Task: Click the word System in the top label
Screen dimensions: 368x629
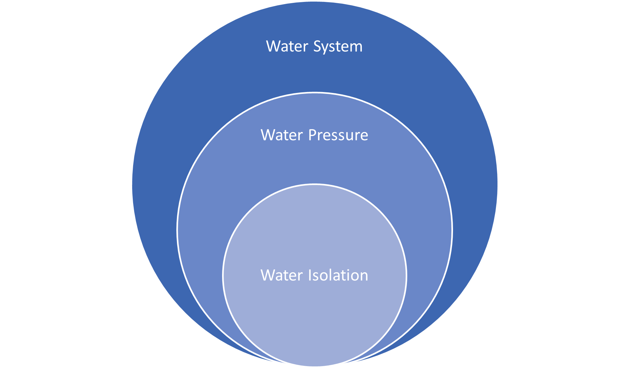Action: tap(338, 47)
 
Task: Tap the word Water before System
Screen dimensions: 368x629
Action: tap(287, 47)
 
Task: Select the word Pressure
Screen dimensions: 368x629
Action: tap(338, 135)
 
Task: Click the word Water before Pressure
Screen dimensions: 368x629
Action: tap(282, 135)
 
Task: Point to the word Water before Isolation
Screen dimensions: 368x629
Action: tap(282, 275)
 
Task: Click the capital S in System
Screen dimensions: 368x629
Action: tap(317, 47)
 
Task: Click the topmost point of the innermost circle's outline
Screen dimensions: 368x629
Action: tap(314, 184)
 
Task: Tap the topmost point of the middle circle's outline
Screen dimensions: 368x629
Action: tap(314, 93)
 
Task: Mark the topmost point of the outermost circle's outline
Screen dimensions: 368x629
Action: tap(314, 1)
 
